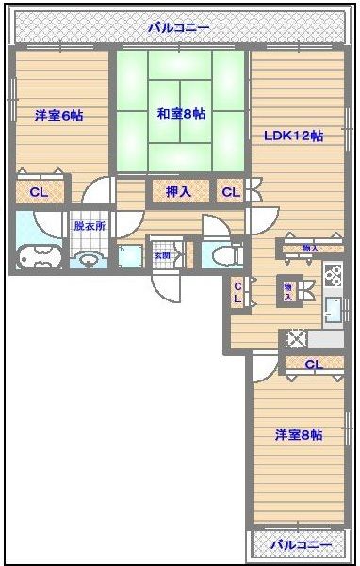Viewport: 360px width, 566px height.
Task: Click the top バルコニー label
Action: tap(178, 28)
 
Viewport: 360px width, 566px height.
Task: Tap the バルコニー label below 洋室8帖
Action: tap(301, 545)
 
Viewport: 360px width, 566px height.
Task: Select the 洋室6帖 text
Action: tap(58, 116)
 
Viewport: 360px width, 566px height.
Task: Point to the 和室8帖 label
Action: tap(182, 113)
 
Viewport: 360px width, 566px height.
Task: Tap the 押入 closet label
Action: tap(179, 192)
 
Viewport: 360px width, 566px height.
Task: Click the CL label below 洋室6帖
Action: tap(39, 193)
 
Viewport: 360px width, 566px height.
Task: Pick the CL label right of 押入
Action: tap(230, 192)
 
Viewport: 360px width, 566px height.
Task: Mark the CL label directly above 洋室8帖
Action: tap(313, 364)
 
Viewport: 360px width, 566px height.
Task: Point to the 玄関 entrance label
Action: tap(163, 254)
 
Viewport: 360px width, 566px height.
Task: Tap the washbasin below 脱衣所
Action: tap(89, 258)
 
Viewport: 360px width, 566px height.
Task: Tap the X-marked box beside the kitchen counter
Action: tap(296, 338)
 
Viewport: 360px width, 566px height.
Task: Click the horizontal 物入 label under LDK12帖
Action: tap(309, 248)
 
